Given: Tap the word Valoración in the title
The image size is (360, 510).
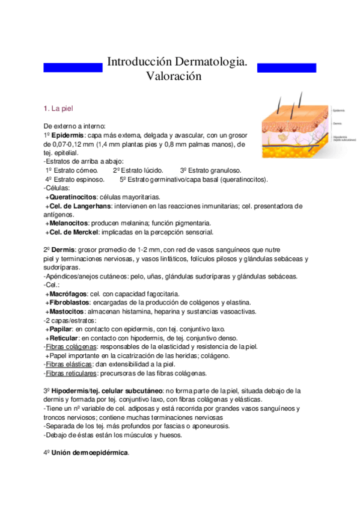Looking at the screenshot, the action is click(173, 76).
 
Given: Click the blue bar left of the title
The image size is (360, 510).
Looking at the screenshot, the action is click(73, 67).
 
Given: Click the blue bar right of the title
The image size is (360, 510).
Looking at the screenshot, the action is click(287, 67).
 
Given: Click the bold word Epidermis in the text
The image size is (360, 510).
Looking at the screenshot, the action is click(68, 135).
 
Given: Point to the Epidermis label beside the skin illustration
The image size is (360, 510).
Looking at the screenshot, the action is click(339, 110).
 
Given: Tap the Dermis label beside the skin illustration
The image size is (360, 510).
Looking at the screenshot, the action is click(337, 123).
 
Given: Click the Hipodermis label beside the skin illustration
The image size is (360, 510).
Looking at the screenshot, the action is click(340, 137).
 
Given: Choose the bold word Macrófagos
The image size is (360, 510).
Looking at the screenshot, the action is click(68, 293).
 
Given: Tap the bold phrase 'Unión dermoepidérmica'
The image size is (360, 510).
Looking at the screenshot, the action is click(90, 452).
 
